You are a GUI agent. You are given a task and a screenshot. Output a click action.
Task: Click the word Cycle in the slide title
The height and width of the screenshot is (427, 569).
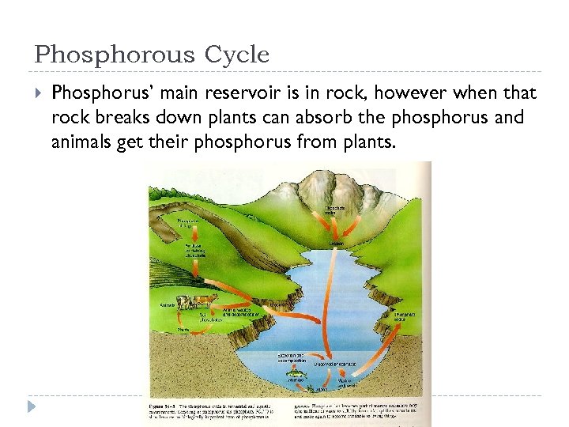point(237,55)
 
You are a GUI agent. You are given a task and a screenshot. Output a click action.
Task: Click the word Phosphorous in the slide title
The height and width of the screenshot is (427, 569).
point(115,55)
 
